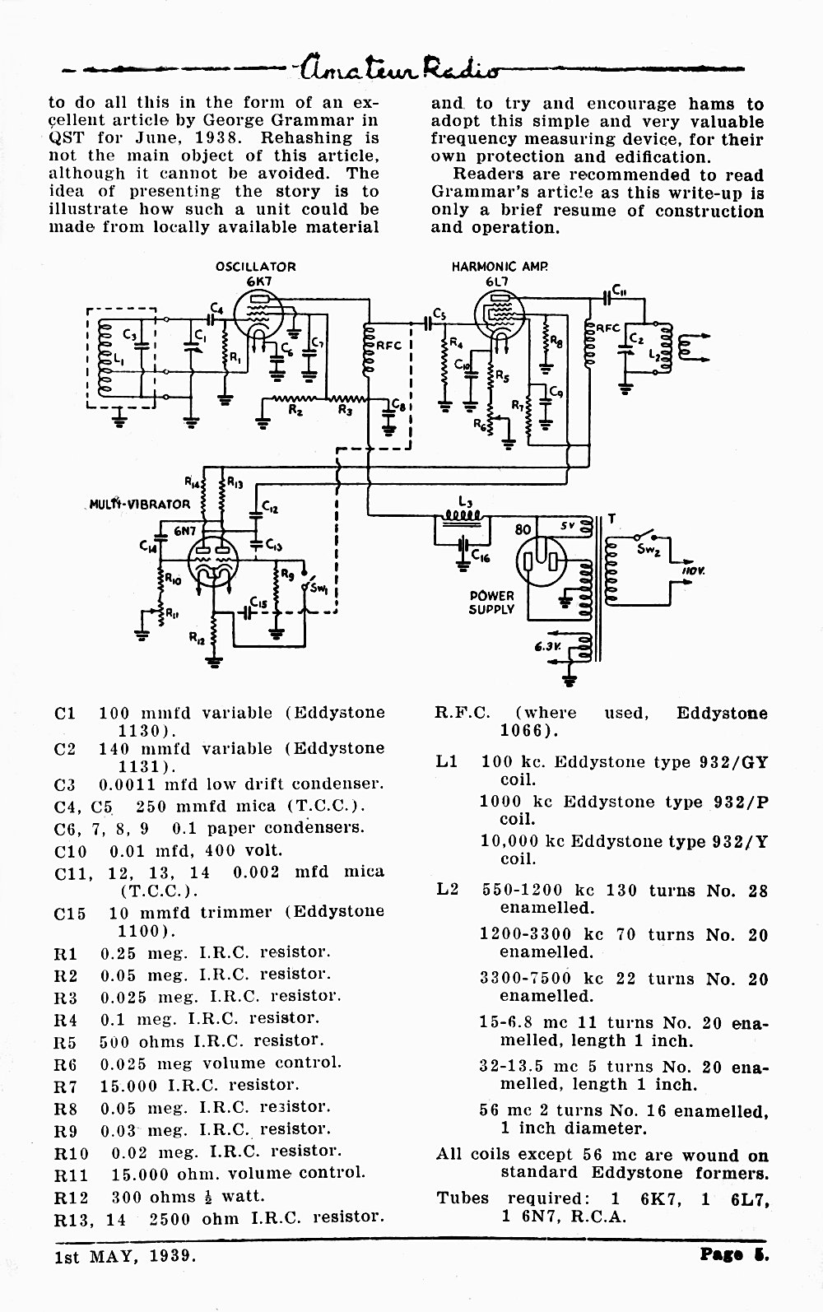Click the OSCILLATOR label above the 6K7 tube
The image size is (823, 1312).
pos(255,267)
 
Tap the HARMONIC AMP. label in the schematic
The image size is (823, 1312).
pos(500,267)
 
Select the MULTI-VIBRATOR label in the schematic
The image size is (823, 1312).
pos(139,505)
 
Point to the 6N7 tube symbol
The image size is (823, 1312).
pos(213,561)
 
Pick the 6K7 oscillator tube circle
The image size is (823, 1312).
pos(258,314)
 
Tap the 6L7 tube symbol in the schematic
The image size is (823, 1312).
pos(499,314)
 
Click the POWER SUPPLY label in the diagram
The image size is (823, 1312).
pos(491,602)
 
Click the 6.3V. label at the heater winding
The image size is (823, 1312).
pos(547,647)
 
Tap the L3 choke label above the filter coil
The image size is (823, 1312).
pos(465,501)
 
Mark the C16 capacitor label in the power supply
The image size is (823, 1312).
pos(481,557)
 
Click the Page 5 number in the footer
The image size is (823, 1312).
pos(735,1255)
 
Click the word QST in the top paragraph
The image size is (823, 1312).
pos(67,139)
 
